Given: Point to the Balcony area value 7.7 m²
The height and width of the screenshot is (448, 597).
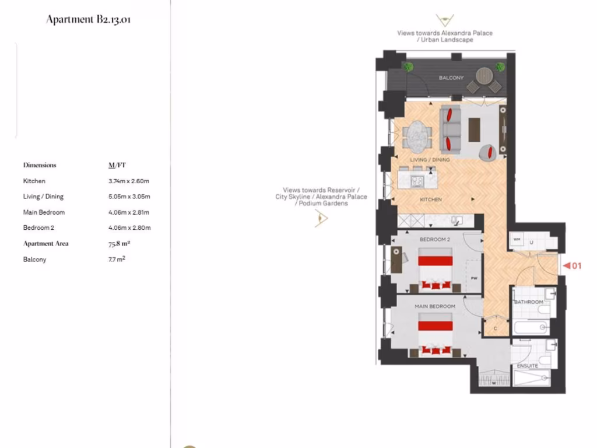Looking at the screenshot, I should coord(113,259).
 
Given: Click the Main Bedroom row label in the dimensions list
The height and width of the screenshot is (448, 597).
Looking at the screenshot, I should coord(44,212).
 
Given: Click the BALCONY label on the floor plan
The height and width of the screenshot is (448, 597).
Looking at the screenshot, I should coord(451,78).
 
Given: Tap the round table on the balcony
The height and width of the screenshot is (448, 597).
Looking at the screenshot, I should coord(484,76).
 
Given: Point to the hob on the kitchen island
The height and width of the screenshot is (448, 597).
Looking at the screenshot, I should coord(417,181).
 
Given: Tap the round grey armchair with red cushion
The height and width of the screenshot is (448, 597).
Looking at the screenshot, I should coord(488,153).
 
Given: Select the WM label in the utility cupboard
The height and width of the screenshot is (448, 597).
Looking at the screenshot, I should coord(517,239).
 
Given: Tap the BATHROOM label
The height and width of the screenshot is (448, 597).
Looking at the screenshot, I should coord(528,302).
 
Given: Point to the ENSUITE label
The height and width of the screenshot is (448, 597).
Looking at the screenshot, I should coord(527,366).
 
